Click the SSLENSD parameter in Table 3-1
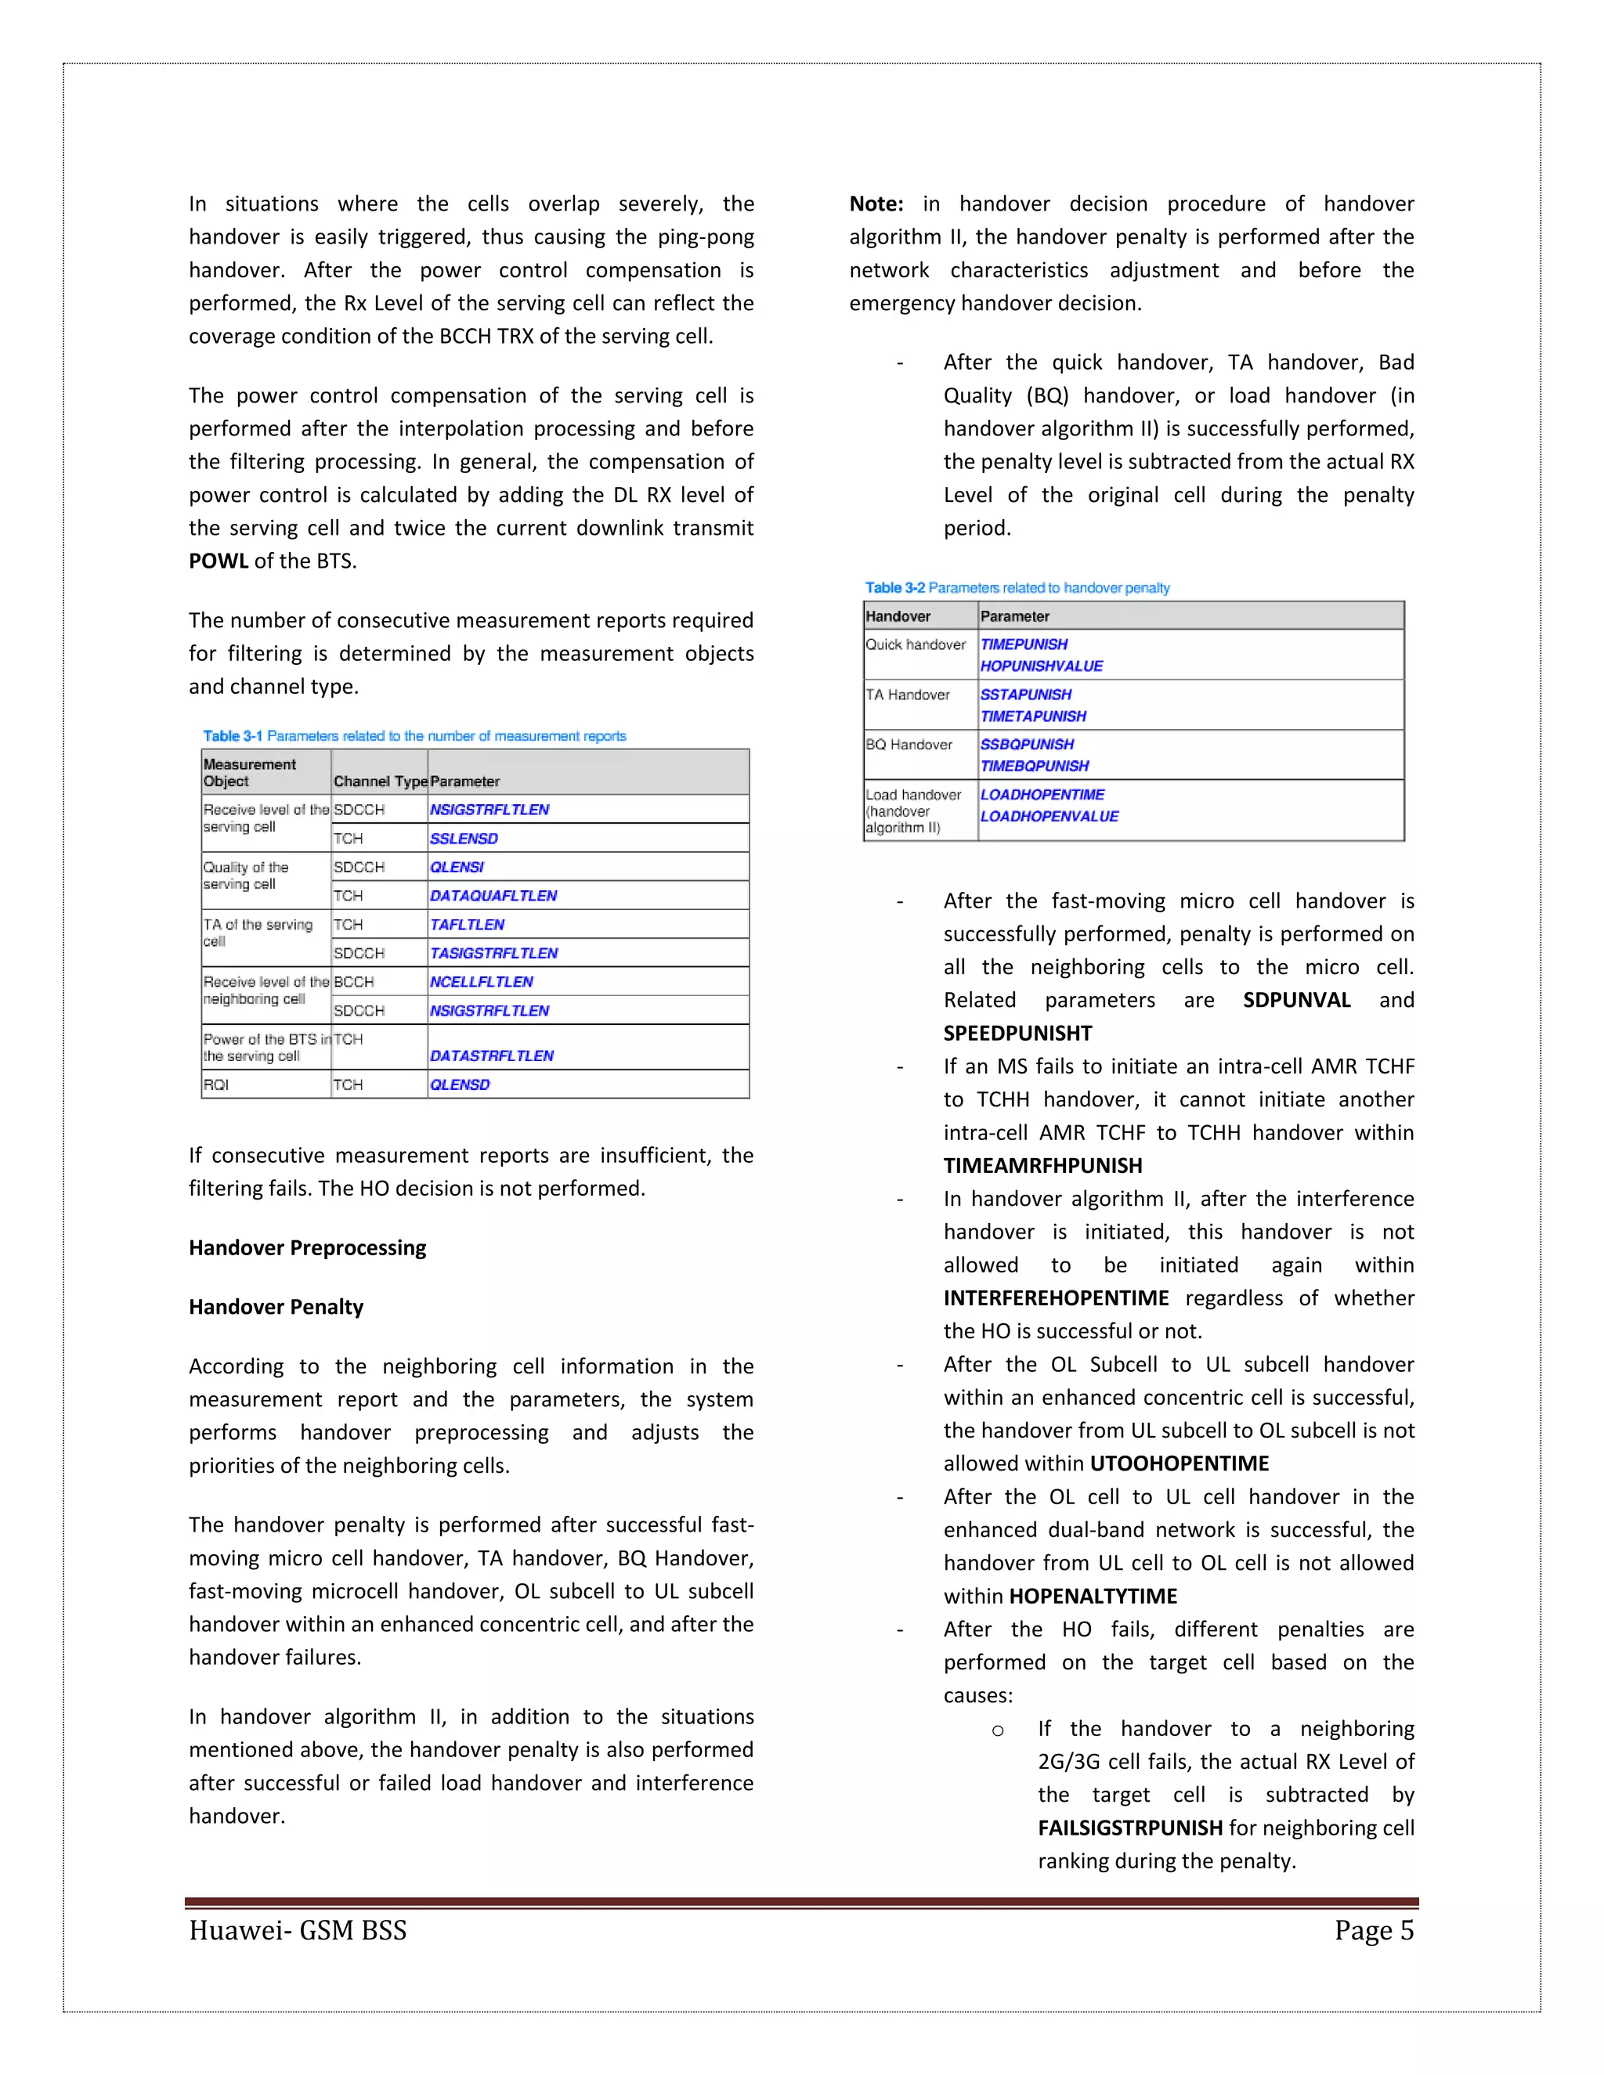[x=464, y=838]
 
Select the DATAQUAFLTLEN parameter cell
[x=493, y=895]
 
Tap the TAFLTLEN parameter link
[x=467, y=925]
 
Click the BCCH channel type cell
[x=353, y=981]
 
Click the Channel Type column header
[x=380, y=781]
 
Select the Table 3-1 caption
[x=414, y=735]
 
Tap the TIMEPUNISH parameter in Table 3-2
[x=1024, y=644]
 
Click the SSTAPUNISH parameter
[x=1025, y=695]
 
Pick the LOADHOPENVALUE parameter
[x=1049, y=816]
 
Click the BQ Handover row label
[x=909, y=744]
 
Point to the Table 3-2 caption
[x=1017, y=588]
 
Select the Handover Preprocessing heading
[x=307, y=1247]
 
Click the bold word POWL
[x=218, y=561]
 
